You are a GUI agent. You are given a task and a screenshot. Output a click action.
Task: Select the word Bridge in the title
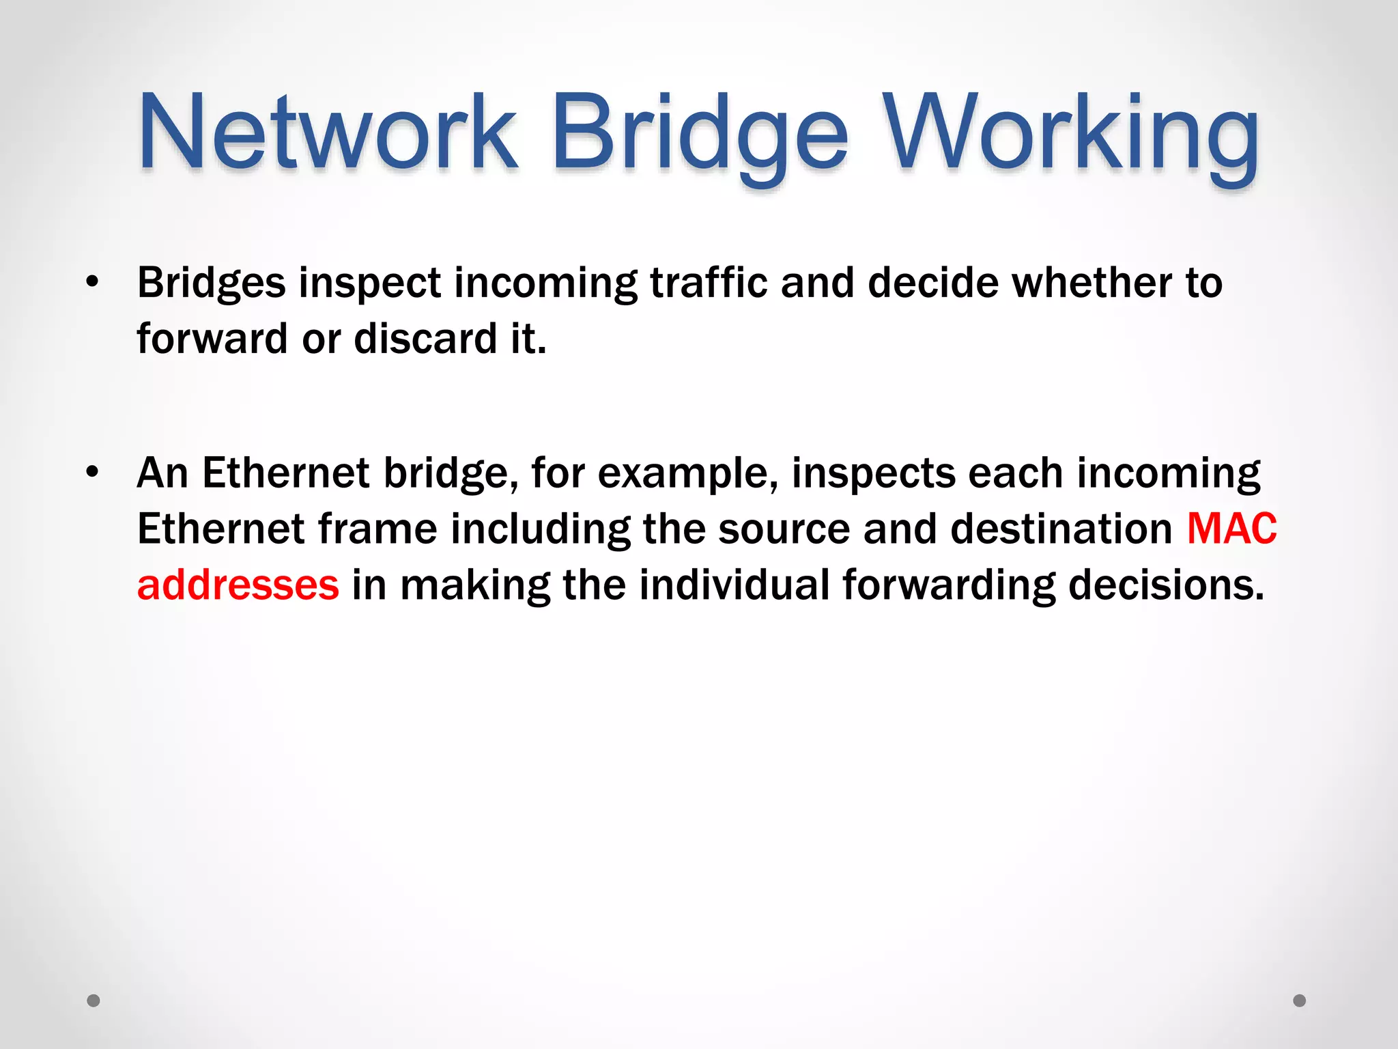[700, 133]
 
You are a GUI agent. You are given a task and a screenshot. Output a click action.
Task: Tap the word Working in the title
[1072, 133]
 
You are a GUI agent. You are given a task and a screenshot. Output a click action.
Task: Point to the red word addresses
[238, 585]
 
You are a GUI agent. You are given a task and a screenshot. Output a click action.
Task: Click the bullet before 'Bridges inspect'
[93, 282]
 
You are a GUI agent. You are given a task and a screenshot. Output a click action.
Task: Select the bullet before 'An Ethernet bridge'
[93, 472]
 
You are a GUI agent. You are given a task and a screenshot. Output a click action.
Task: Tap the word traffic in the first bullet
[709, 283]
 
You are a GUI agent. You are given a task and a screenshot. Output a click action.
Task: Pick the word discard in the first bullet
[426, 339]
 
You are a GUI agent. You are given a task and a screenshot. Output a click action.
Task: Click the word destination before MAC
[1061, 529]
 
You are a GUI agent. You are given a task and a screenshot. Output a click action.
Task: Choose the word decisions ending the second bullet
[1166, 585]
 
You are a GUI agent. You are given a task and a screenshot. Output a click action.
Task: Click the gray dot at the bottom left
[94, 1001]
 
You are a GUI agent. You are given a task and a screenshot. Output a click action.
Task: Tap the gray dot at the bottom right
[1300, 1001]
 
